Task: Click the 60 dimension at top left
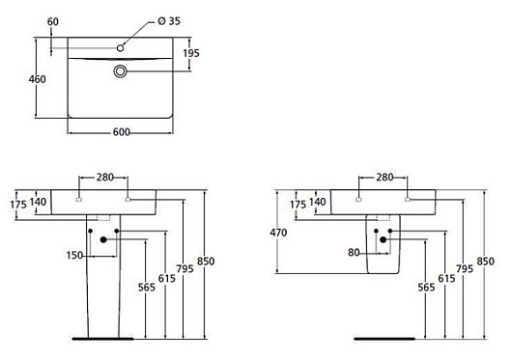tap(52, 20)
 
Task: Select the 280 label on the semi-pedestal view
tap(384, 177)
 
